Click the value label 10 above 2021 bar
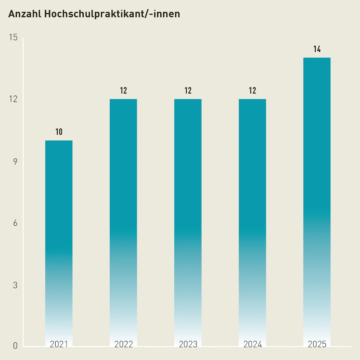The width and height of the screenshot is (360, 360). (59, 132)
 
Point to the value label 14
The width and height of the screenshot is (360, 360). (317, 49)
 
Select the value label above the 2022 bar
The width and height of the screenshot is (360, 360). (123, 91)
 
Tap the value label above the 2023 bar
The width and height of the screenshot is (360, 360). (188, 91)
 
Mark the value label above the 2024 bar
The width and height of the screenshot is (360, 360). (252, 91)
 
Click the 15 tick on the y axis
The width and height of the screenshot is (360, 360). (13, 38)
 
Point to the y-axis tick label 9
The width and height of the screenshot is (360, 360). (15, 162)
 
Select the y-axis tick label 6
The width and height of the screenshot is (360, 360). (15, 224)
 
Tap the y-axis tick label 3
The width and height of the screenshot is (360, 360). (15, 285)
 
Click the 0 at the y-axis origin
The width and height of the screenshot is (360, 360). (15, 346)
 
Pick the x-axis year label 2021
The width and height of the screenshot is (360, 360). (59, 344)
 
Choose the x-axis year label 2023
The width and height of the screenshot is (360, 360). (188, 344)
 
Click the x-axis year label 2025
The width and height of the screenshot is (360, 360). (317, 344)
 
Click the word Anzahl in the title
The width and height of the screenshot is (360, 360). (24, 14)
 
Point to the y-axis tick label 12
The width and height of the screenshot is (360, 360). (13, 99)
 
